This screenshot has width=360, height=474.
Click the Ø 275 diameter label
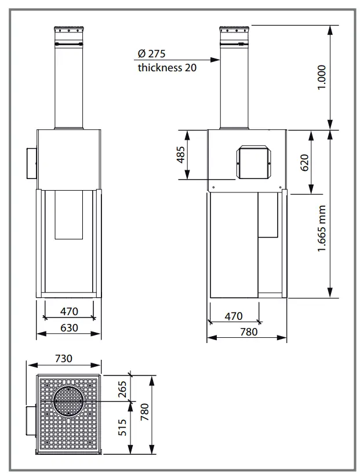point(151,53)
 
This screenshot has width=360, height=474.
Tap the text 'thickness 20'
point(167,67)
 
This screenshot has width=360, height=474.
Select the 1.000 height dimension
point(322,77)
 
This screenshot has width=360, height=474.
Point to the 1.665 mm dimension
point(322,228)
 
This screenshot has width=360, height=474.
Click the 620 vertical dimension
point(304,162)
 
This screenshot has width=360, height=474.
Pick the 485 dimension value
point(181,155)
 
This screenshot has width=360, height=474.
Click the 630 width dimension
point(69,327)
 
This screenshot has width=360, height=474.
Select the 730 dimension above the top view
point(64,358)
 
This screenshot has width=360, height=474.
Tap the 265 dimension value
point(122,389)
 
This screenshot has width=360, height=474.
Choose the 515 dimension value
point(122,427)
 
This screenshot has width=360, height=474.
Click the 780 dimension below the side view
point(249,331)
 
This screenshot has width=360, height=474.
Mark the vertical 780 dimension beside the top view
point(144,412)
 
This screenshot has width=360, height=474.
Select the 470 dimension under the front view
point(69,311)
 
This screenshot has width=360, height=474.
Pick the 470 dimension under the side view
point(234,316)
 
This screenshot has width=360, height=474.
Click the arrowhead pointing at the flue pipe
point(215,60)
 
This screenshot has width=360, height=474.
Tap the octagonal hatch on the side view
point(253,162)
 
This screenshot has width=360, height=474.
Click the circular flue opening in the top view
point(68,402)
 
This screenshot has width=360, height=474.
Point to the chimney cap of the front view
point(68,31)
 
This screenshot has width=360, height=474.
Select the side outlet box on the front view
point(32,163)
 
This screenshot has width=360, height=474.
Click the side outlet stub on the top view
point(31,421)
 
